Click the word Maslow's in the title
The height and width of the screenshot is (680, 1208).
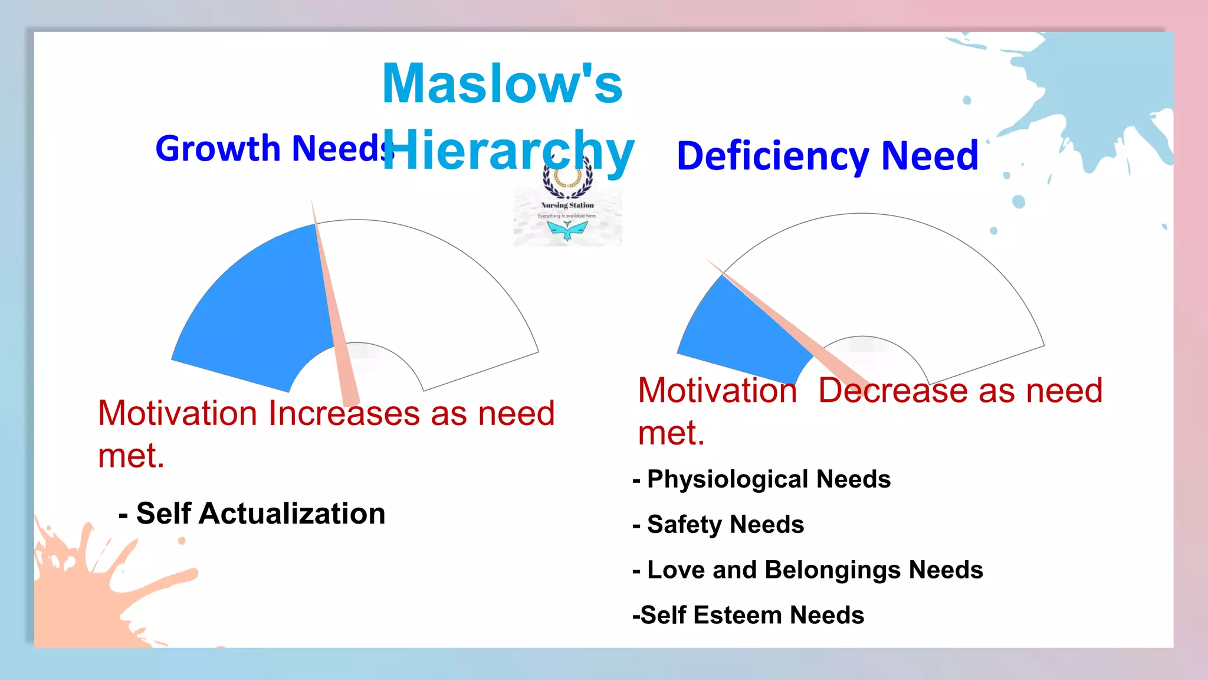click(x=502, y=84)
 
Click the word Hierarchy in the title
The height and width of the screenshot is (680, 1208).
click(x=508, y=151)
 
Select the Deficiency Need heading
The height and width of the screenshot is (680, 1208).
click(x=827, y=156)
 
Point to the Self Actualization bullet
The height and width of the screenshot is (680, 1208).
click(x=252, y=514)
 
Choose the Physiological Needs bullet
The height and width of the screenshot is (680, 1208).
click(x=761, y=479)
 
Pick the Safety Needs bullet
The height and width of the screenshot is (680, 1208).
click(x=718, y=525)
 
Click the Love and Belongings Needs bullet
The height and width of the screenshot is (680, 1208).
click(x=807, y=570)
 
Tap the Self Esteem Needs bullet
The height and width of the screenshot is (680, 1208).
click(x=748, y=616)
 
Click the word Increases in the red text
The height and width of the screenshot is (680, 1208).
click(x=344, y=413)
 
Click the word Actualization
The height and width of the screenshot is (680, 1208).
click(x=293, y=514)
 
